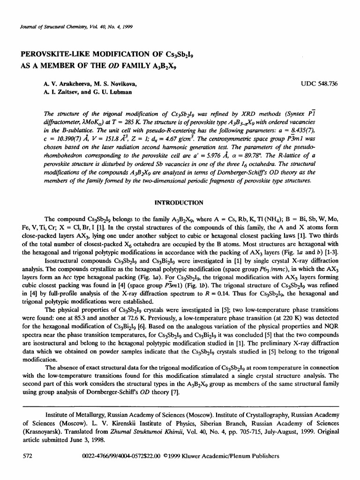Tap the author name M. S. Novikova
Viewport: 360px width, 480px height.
113,84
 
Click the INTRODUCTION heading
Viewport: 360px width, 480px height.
180,202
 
